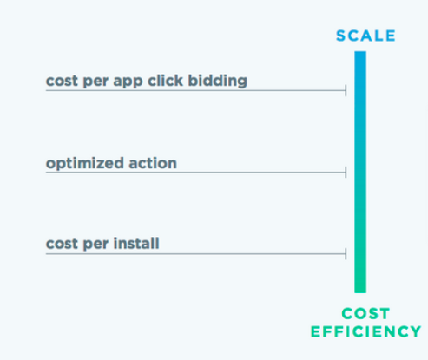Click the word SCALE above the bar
[x=365, y=36]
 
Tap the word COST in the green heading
[x=365, y=314]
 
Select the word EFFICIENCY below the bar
[x=365, y=331]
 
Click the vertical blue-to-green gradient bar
[x=360, y=172]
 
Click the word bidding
[x=218, y=81]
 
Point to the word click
[x=165, y=80]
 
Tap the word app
[x=128, y=82]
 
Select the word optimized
[x=85, y=163]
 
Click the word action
[x=153, y=163]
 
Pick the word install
[x=136, y=243]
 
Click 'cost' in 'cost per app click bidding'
[x=62, y=81]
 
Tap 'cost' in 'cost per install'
[x=62, y=244]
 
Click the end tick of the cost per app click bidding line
[x=346, y=90]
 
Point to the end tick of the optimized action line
[x=346, y=173]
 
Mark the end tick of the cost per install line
[x=346, y=254]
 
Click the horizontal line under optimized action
[x=195, y=173]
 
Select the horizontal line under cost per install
[x=195, y=254]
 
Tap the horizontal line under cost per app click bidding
[x=195, y=91]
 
